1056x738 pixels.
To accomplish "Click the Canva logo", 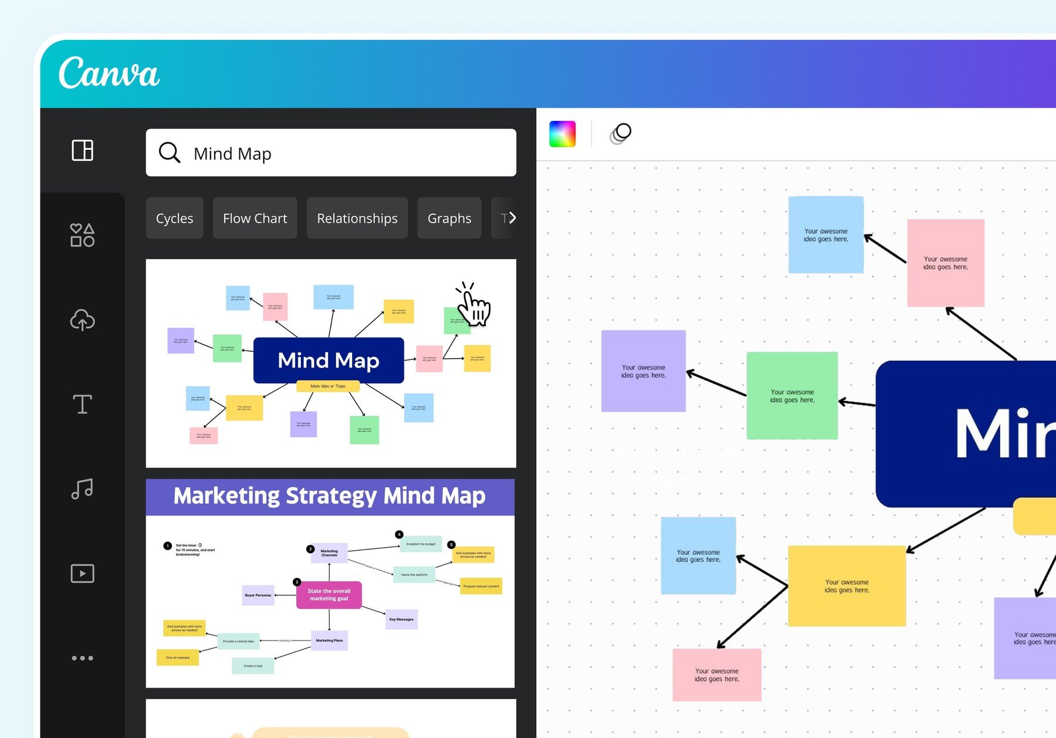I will (109, 73).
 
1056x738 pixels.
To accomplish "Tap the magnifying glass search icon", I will (169, 153).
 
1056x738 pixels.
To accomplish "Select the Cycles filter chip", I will (174, 218).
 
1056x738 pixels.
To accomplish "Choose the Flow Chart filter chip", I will (255, 218).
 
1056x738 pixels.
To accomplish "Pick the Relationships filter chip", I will (357, 218).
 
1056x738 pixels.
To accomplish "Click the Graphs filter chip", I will (449, 218).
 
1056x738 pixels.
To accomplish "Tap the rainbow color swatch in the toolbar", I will (562, 134).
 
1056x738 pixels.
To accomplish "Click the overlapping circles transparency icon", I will (620, 133).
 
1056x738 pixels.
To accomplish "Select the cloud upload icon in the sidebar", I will (82, 320).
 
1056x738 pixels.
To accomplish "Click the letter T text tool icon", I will (82, 404).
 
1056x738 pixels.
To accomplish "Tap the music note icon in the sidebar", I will (82, 488).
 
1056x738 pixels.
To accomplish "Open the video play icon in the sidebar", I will (82, 573).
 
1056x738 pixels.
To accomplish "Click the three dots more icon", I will (82, 658).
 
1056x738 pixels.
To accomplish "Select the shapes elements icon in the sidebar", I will (82, 235).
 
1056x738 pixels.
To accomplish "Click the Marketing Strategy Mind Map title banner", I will (330, 497).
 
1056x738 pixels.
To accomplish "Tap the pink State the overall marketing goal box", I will (329, 595).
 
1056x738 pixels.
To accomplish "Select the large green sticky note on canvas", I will (792, 396).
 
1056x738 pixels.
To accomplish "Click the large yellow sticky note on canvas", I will (847, 586).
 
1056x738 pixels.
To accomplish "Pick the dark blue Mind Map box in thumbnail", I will (329, 360).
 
